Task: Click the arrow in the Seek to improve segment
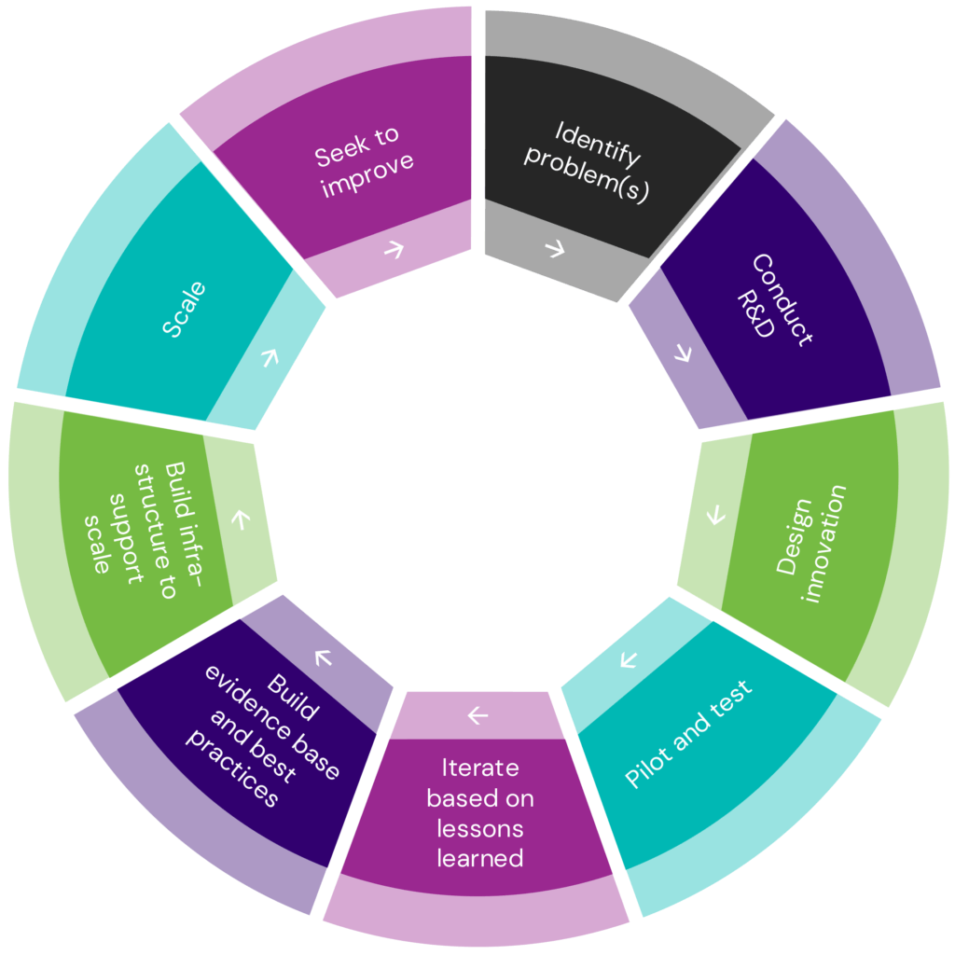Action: [394, 249]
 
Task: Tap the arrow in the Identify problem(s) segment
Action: [555, 249]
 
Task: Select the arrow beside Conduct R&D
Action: [683, 353]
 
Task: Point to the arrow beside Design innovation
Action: [716, 515]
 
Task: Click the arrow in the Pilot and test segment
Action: [628, 660]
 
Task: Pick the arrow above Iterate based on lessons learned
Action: [477, 715]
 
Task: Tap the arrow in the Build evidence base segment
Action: [324, 657]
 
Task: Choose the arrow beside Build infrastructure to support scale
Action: [240, 519]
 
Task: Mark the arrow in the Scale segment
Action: [270, 357]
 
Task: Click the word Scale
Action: [184, 310]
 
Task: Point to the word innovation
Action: [824, 544]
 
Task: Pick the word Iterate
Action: [479, 768]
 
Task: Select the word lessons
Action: [480, 828]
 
